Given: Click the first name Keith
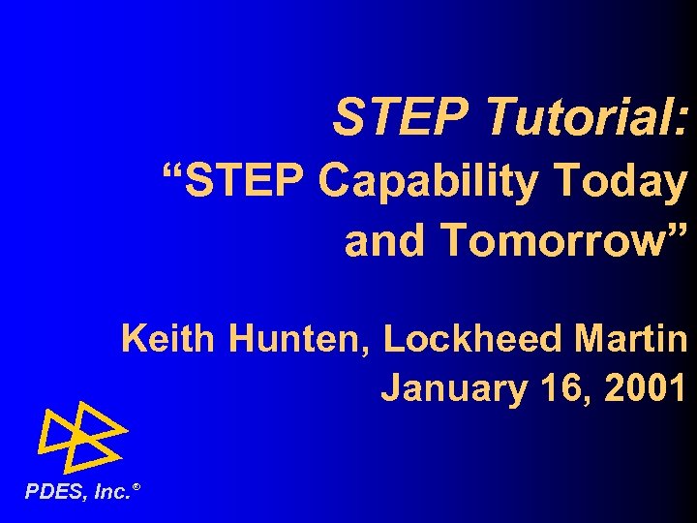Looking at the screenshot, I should pyautogui.click(x=170, y=340).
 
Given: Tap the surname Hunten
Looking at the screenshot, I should pyautogui.click(x=301, y=340).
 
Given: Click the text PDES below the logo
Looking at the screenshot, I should pyautogui.click(x=55, y=493).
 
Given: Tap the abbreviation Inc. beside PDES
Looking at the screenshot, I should pyautogui.click(x=111, y=493).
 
